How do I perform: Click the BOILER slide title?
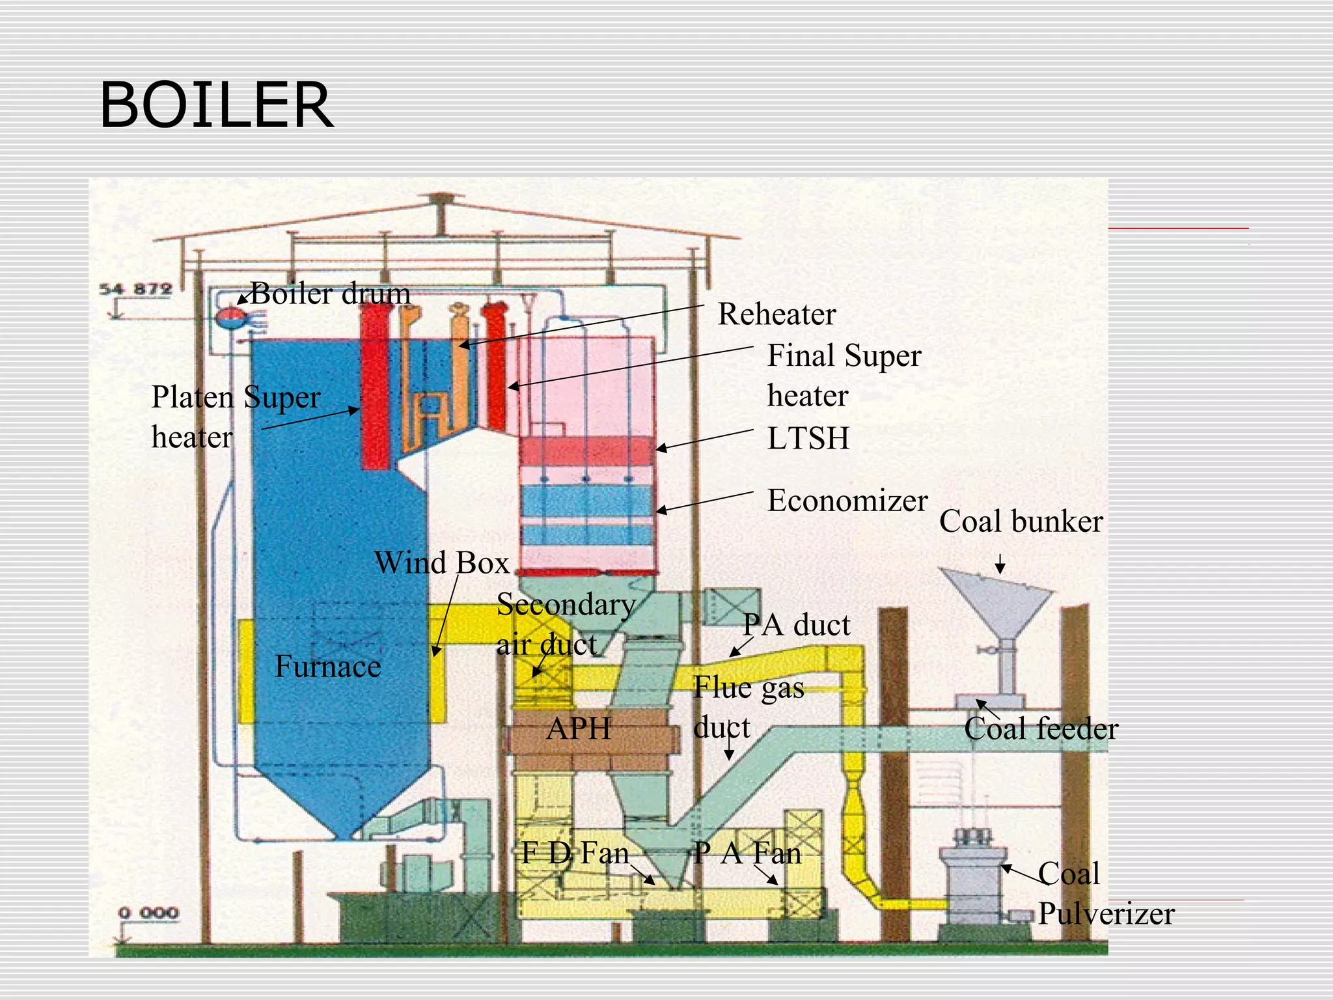tap(216, 105)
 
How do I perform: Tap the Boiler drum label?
tap(331, 294)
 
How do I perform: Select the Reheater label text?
tap(776, 314)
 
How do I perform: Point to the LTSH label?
tap(808, 439)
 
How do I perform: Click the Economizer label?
tap(847, 501)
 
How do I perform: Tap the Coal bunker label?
tap(1021, 521)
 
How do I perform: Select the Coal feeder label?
tap(1041, 729)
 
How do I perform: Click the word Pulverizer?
tap(1106, 914)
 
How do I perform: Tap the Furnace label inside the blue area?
tap(327, 667)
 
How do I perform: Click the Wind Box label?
tap(441, 563)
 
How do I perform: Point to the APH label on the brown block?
tap(579, 729)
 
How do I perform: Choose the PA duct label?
tap(797, 626)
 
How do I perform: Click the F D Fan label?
tap(575, 853)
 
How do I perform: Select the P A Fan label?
tap(747, 853)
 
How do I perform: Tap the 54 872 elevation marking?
tap(135, 289)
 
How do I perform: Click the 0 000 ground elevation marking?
tap(148, 913)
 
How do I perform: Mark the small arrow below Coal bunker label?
tap(1000, 564)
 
